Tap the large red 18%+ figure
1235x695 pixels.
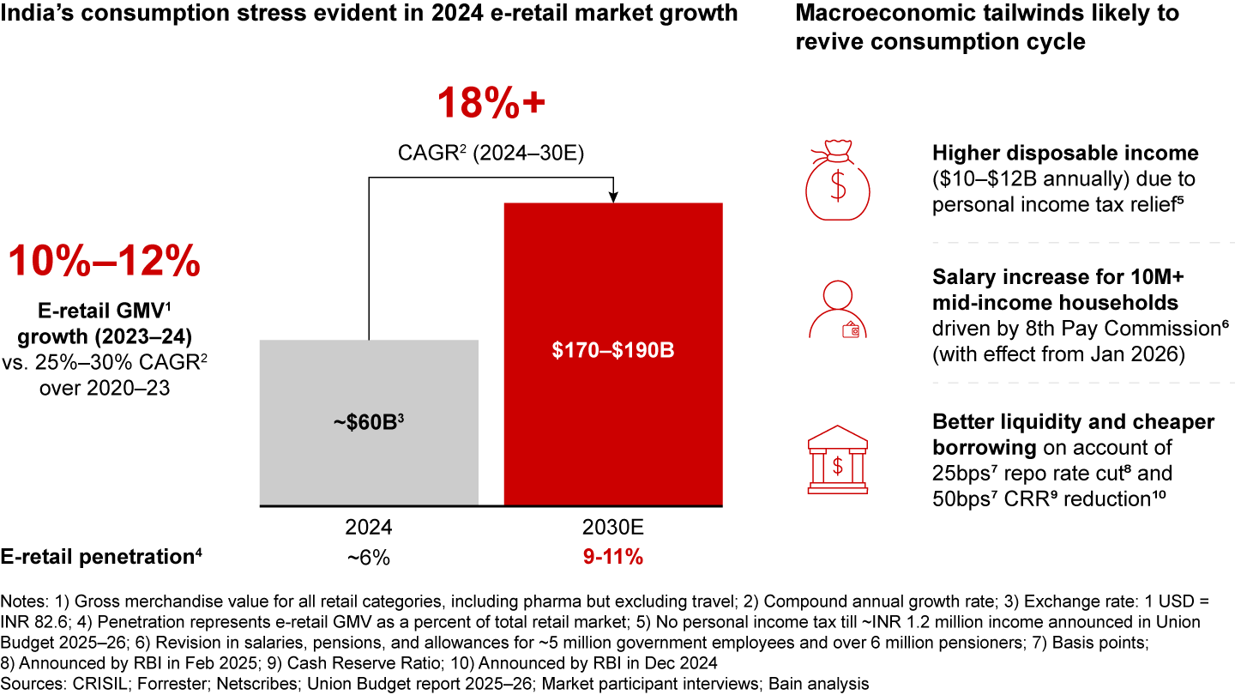[x=491, y=105]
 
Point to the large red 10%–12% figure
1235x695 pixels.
[x=105, y=261]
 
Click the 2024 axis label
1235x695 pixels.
[x=369, y=526]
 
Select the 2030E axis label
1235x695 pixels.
[x=613, y=526]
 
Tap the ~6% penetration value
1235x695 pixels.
[x=369, y=558]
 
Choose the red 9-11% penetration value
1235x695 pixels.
[x=613, y=558]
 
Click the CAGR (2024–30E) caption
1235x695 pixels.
[x=491, y=152]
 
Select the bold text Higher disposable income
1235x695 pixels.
[x=1064, y=154]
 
